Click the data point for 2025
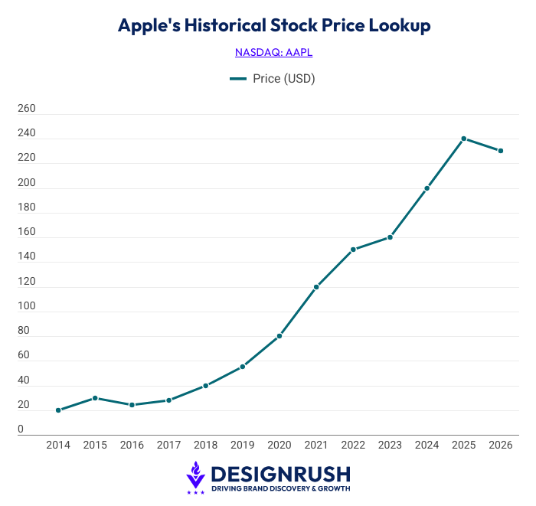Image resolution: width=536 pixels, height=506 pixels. (x=464, y=139)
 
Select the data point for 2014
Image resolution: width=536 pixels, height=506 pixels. (x=58, y=410)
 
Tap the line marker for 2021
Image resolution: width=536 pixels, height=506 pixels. (x=316, y=287)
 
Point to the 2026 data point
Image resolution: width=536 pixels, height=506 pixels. (x=501, y=151)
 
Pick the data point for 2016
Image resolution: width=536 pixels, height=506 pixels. (x=132, y=405)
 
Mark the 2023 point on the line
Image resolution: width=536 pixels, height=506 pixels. (x=390, y=237)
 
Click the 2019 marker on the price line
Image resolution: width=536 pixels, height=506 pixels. (x=243, y=367)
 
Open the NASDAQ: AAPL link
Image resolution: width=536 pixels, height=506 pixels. (x=274, y=52)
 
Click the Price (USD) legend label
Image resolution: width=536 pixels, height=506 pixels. (x=284, y=78)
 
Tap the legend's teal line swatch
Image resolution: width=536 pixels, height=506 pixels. (x=238, y=78)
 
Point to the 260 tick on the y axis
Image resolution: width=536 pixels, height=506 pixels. (x=27, y=109)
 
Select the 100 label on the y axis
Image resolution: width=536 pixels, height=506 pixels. (x=27, y=306)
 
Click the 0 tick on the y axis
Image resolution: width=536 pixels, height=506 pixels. (x=21, y=429)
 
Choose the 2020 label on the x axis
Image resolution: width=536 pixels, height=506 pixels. (x=279, y=445)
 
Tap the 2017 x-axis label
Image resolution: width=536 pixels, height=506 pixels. (x=168, y=445)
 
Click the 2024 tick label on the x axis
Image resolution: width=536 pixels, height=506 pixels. (x=427, y=445)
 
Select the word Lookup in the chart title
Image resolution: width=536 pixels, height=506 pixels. (x=400, y=25)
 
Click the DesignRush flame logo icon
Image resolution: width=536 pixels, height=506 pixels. (x=196, y=475)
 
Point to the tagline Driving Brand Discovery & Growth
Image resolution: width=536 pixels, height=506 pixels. (x=280, y=488)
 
